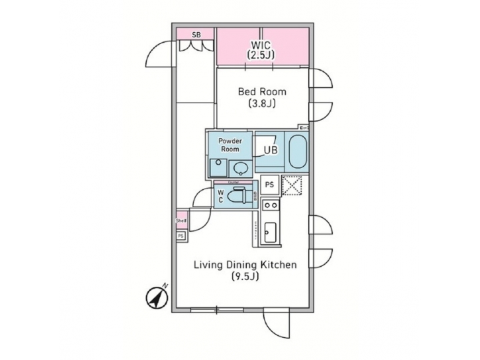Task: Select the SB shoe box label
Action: click(196, 33)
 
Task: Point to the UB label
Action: click(270, 151)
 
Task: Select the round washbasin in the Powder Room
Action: click(240, 167)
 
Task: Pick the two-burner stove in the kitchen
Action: click(270, 205)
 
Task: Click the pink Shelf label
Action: click(181, 221)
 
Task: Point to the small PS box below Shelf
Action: click(181, 235)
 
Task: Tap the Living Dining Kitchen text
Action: click(245, 265)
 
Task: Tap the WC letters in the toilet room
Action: click(220, 195)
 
